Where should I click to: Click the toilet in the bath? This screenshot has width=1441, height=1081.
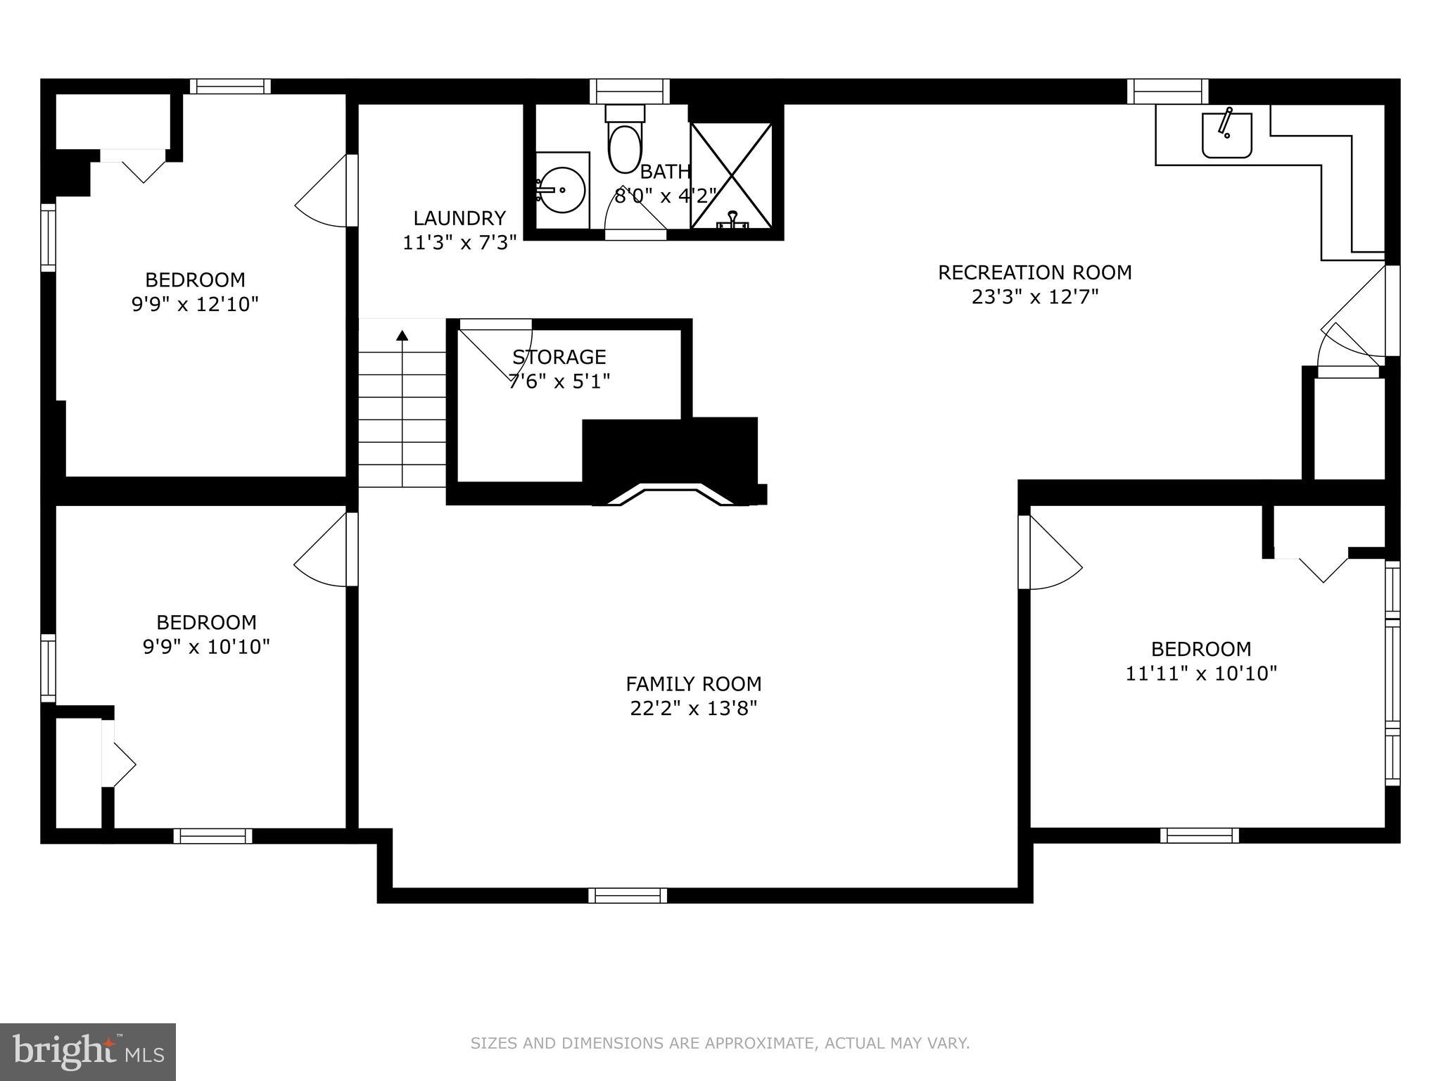pos(624,144)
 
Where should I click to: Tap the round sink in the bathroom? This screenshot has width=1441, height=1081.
pos(562,190)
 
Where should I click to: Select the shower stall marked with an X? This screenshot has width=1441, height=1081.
pos(731,175)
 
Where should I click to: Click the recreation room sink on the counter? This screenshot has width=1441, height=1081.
pos(1226,134)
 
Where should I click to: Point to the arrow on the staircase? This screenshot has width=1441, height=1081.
pos(402,336)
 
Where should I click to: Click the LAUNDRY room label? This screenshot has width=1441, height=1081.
pos(459,218)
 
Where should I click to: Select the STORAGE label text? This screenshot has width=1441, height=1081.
pos(559,357)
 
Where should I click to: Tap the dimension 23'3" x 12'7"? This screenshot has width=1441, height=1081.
pos(1034,297)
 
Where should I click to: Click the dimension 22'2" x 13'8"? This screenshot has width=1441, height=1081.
pos(693,708)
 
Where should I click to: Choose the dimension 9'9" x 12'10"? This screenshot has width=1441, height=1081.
pos(195,304)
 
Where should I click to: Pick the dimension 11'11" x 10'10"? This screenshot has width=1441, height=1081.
pos(1200,674)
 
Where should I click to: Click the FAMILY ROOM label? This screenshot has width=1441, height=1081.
pos(693,683)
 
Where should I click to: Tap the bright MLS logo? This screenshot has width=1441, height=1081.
pos(87,1051)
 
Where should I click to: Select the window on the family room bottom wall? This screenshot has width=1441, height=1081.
pos(628,895)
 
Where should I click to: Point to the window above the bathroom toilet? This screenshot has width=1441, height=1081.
pos(629,91)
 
